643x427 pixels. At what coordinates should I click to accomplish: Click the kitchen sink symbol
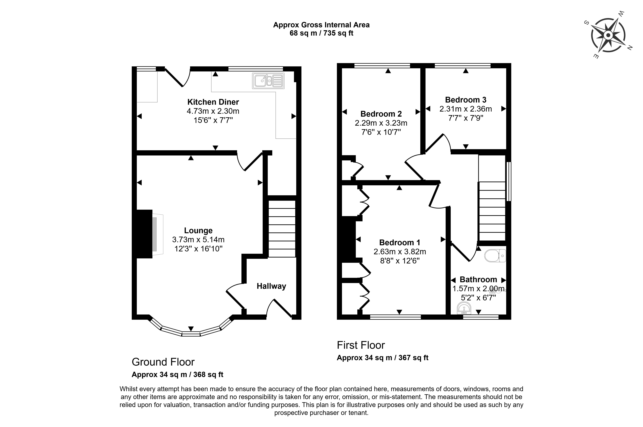268,81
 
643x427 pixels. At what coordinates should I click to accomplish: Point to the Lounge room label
198,231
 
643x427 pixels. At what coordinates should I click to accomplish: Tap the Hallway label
271,286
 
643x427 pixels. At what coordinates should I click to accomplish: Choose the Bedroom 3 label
466,100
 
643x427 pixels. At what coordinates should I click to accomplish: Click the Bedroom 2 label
381,114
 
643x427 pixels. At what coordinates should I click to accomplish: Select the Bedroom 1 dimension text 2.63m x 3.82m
400,252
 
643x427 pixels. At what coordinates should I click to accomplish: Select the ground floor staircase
282,229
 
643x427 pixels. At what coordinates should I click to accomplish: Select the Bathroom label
478,280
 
